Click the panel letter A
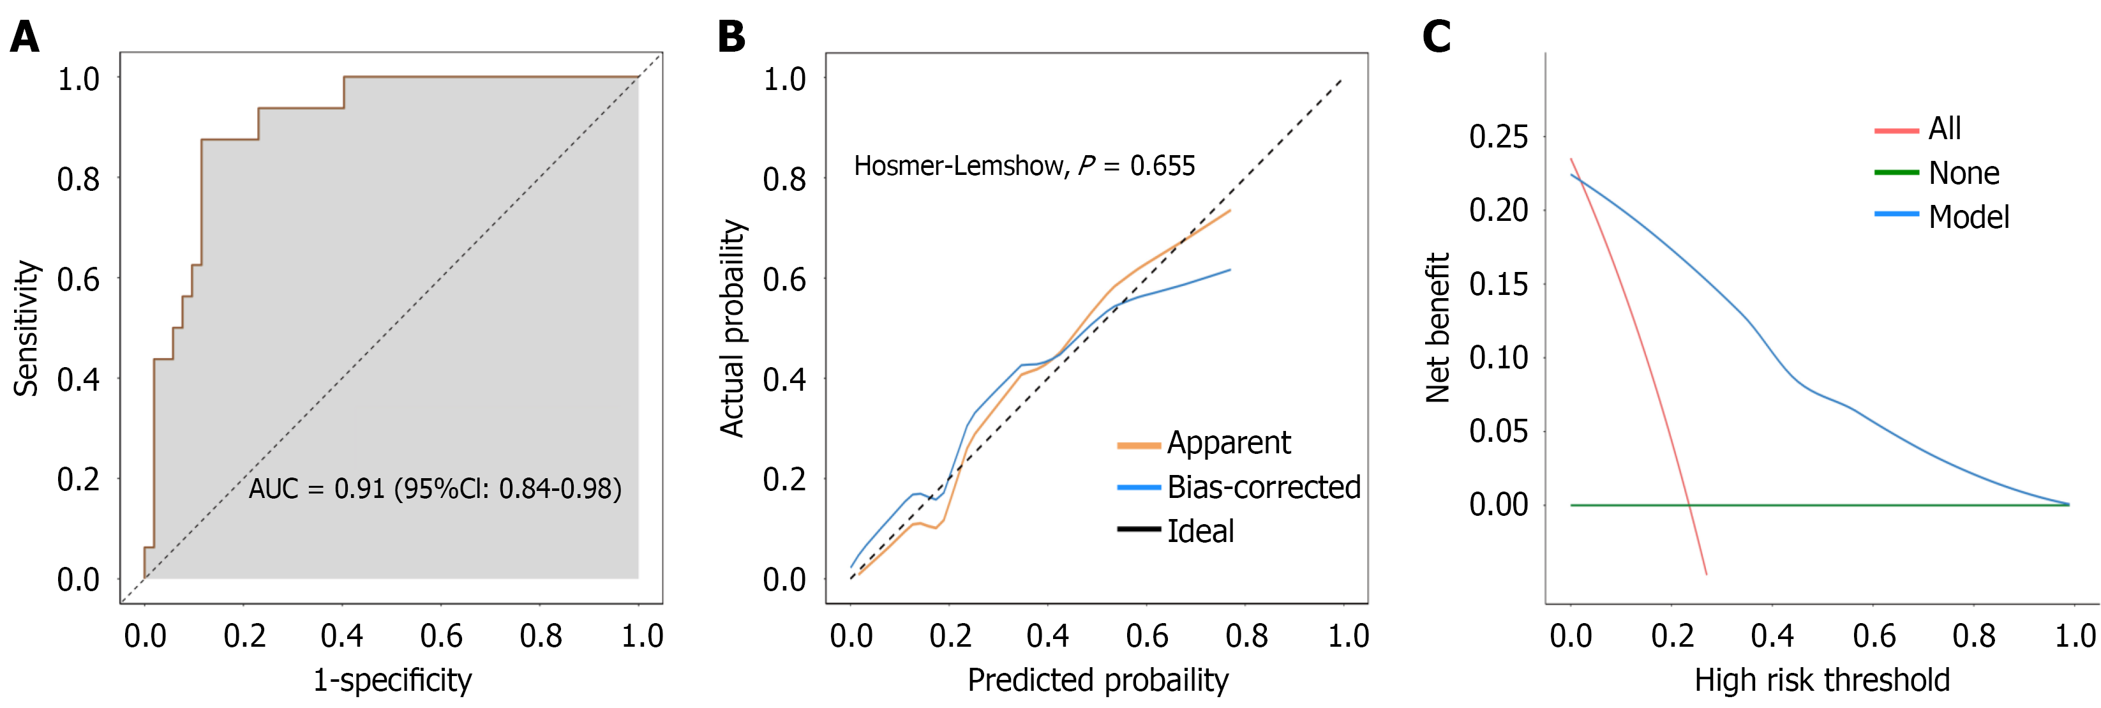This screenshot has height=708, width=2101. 24,38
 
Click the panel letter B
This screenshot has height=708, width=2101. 731,38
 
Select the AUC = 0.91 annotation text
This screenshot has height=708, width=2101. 435,488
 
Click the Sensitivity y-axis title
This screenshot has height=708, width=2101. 26,328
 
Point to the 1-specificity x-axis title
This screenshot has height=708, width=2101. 393,679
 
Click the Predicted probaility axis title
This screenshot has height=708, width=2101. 1098,679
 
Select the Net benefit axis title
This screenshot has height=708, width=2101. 1437,328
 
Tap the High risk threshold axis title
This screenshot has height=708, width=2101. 1822,679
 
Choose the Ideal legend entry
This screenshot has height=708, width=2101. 1200,531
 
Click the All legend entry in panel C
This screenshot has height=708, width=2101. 1945,129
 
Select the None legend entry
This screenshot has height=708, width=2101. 1963,173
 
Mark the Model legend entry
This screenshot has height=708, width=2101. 1968,217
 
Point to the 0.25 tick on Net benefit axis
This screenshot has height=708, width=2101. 1499,136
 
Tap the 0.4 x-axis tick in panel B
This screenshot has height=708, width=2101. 1048,635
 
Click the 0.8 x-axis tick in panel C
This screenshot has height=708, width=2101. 1974,635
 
